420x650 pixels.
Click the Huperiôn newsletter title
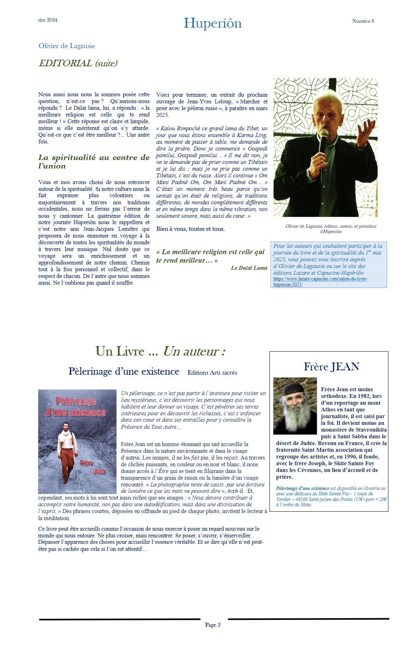point(212,23)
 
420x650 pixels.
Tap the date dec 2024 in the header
point(48,20)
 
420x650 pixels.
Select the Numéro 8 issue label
point(363,21)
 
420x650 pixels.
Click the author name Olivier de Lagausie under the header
point(67,46)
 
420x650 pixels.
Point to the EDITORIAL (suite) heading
point(78,63)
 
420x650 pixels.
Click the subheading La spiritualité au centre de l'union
point(94,162)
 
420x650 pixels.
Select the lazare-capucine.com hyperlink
point(320,282)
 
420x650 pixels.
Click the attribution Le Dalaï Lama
point(249,268)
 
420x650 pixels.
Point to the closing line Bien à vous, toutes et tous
point(190,229)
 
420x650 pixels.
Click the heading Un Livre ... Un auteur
point(160,352)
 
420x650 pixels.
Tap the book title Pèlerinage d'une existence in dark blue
point(124,371)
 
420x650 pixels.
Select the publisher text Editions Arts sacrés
point(212,373)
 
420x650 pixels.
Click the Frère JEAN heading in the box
point(331,367)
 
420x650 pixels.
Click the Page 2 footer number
point(213,625)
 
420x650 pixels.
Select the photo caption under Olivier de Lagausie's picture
point(331,229)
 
